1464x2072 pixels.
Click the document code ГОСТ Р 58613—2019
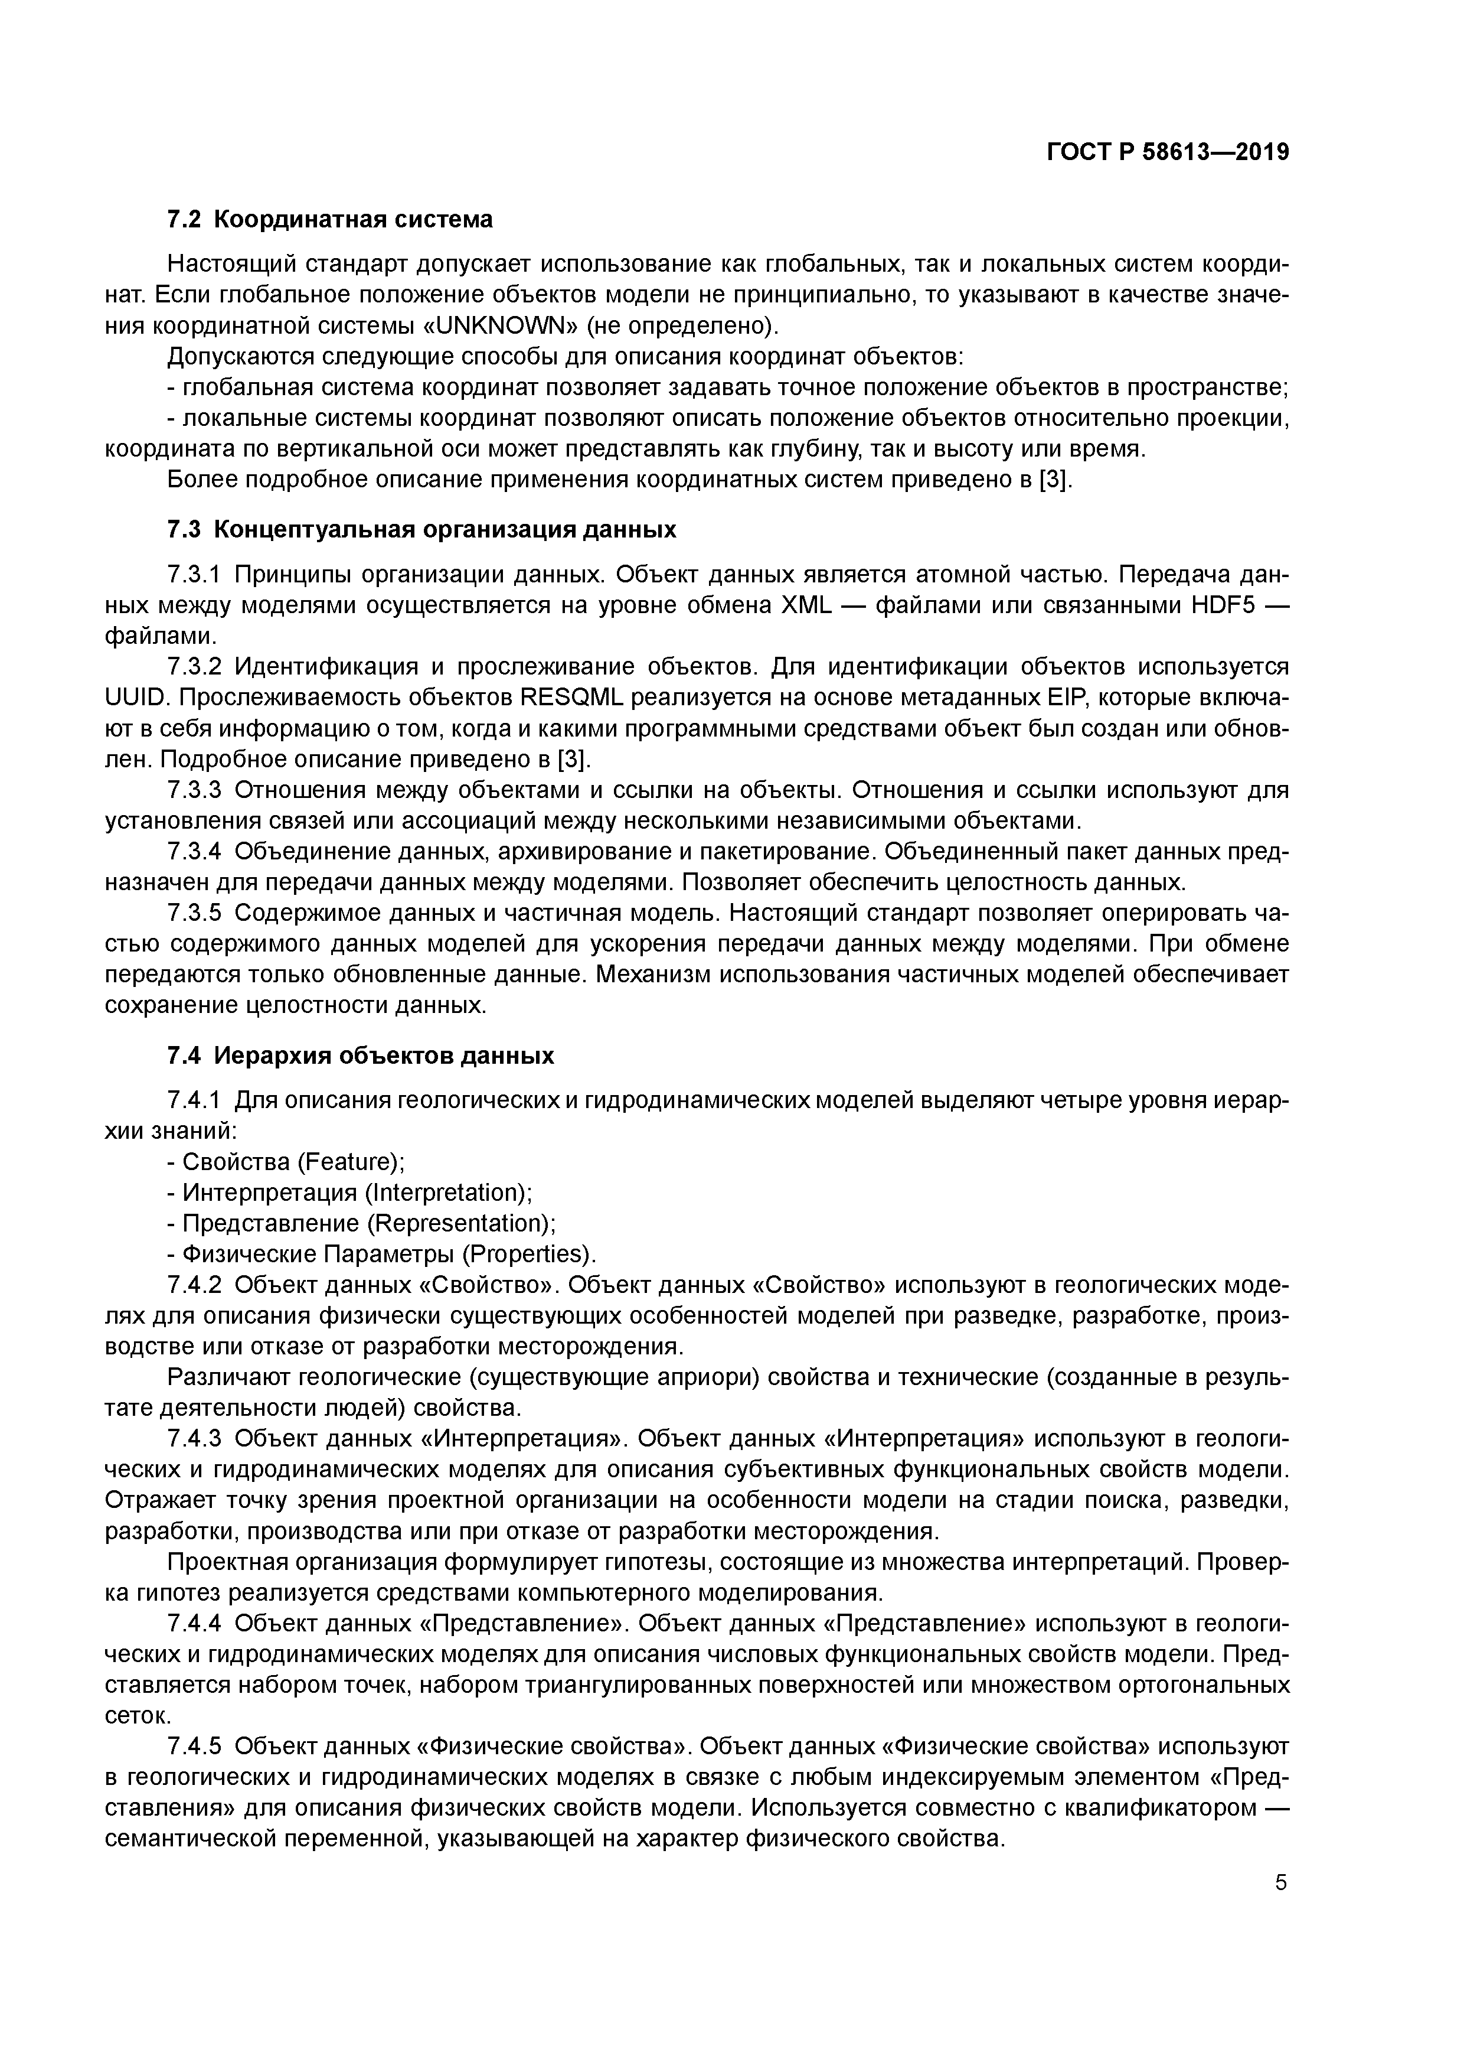(1168, 152)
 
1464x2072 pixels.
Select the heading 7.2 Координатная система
(330, 219)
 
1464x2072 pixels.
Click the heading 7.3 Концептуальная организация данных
(421, 529)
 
